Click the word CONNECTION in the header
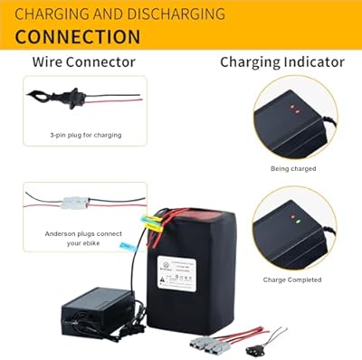point(78,37)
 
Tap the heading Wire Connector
point(84,62)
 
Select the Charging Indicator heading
point(282,62)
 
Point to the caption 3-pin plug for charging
point(85,135)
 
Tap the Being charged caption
point(293,169)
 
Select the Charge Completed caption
point(293,279)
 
